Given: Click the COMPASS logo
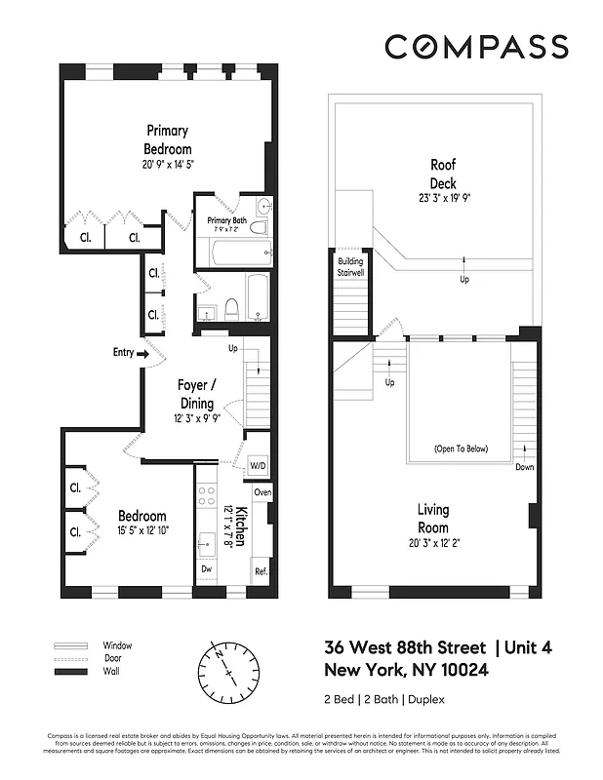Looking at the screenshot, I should click(475, 47).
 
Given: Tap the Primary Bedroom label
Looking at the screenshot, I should click(168, 139).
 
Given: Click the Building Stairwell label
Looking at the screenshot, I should click(350, 267).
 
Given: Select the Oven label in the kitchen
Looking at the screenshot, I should click(262, 493).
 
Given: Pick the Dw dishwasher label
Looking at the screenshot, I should click(205, 569).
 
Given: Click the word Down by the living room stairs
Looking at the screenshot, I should click(525, 467).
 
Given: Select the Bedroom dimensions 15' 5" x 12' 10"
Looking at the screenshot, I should click(142, 531).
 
